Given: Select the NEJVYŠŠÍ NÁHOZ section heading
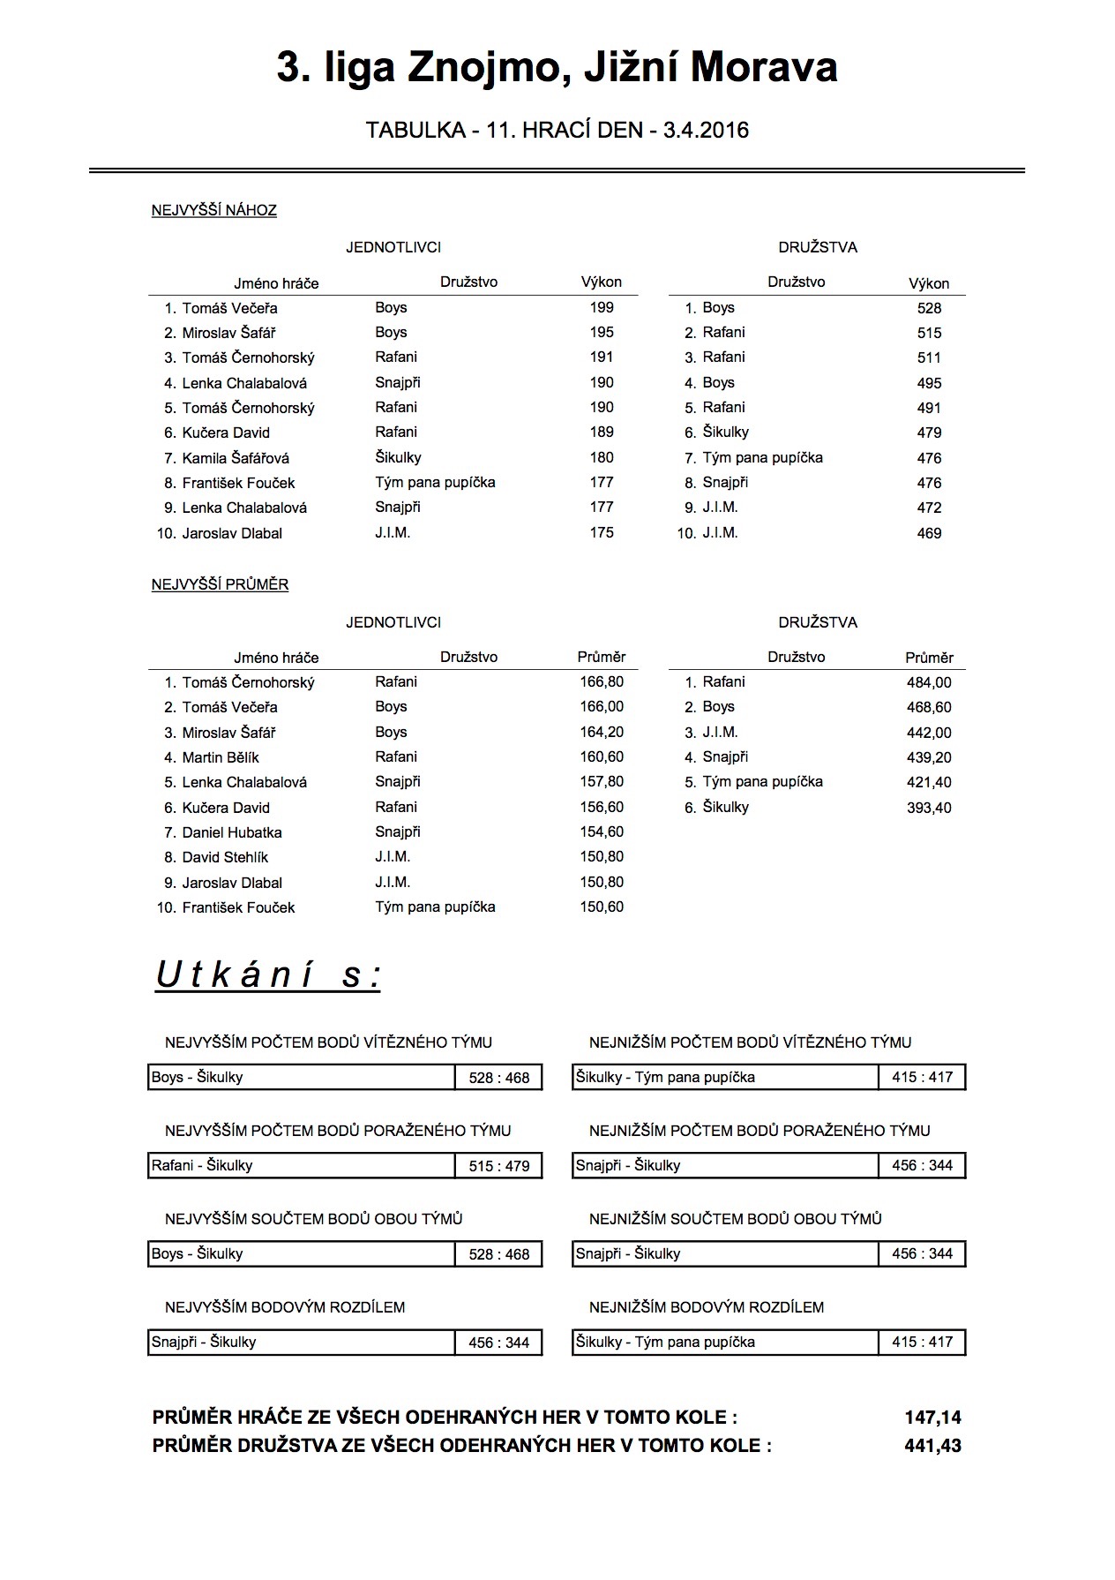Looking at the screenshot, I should coord(214,210).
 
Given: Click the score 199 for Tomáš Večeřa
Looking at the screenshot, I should coord(602,307).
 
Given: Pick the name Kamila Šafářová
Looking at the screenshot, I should coord(236,458).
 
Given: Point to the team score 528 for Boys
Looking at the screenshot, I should coord(929,308).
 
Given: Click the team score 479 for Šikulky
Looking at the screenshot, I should coord(929,433).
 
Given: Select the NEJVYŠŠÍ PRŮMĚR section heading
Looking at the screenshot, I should coord(221,584).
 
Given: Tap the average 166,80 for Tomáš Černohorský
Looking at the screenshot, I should coord(602,681).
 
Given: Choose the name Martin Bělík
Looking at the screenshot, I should coord(221,757).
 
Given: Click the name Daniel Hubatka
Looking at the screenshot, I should coord(232,832).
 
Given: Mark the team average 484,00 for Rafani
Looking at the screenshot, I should coord(929,682).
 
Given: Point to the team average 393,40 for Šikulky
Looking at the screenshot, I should coord(929,808).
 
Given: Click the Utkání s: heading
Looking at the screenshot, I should coord(268,975).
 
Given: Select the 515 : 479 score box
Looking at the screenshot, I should coord(499,1166).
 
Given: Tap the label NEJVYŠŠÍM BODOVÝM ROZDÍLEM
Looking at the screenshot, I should coord(285,1307).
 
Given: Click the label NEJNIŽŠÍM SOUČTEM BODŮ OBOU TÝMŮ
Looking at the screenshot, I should coord(736,1219).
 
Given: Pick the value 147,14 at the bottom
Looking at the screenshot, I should coord(932,1418).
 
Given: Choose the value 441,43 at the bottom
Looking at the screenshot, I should coord(932,1446).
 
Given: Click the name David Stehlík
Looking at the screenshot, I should coord(225,857).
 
